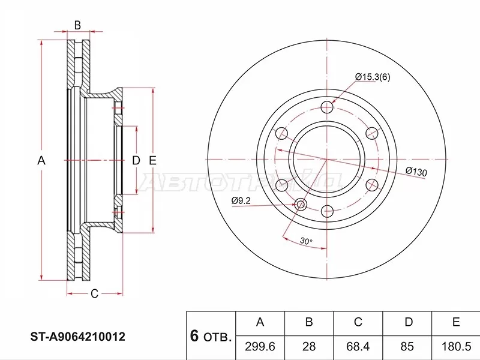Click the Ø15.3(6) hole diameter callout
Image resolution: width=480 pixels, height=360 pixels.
[373, 77]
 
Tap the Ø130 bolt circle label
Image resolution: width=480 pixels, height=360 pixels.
[416, 172]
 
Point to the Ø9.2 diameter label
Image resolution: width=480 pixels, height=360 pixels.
[241, 200]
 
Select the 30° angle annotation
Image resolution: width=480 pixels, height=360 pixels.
[306, 241]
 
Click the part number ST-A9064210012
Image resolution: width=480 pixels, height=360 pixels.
[78, 337]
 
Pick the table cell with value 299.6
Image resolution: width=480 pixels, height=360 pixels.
[260, 347]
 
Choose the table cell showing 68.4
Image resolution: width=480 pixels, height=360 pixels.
[358, 347]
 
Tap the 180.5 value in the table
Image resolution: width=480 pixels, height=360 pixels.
[456, 347]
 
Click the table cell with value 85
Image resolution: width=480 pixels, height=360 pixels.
[407, 347]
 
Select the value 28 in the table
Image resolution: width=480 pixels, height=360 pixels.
[309, 347]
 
